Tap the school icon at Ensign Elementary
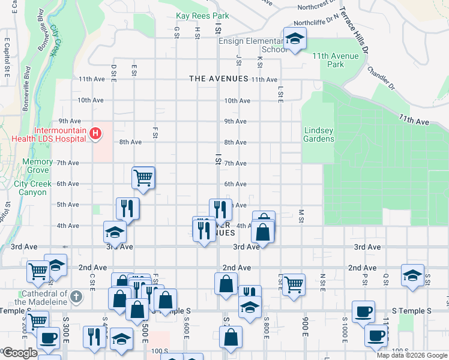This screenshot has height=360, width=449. tap(294, 40)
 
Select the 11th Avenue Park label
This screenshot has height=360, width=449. tap(336, 60)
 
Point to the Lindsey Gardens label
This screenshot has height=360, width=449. tap(319, 134)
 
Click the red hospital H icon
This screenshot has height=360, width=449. tap(95, 133)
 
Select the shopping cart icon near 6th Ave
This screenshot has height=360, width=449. tap(143, 177)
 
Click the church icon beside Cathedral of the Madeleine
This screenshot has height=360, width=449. tap(76, 297)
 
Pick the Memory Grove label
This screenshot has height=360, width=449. tap(38, 166)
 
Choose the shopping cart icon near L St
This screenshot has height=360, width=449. tap(294, 284)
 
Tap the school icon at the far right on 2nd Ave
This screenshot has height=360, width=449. tap(412, 275)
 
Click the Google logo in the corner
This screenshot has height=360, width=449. tap(19, 353)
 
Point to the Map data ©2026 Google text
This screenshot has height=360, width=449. tap(412, 355)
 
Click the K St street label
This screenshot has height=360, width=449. tap(260, 62)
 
